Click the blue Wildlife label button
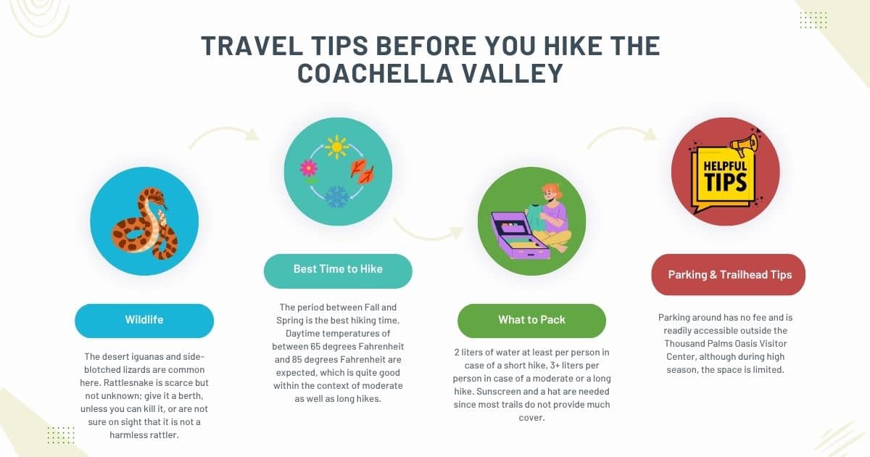point(144,320)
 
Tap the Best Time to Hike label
point(338,269)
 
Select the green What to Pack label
point(531,320)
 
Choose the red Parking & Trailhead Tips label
point(729,275)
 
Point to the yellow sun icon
point(336,147)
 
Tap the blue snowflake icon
point(336,197)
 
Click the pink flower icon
point(309,168)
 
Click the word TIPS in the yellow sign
point(726,181)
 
